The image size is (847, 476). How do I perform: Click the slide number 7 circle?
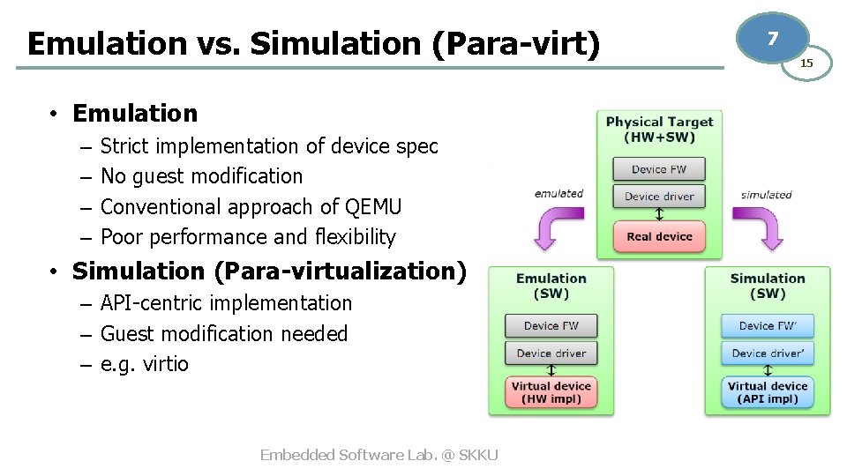click(x=773, y=39)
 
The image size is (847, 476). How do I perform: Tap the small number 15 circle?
click(x=806, y=63)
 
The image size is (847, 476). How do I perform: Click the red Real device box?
click(x=659, y=236)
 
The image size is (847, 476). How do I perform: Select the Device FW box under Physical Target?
click(x=659, y=169)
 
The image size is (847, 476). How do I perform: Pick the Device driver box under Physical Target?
click(x=659, y=197)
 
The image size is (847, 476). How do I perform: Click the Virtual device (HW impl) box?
click(x=551, y=392)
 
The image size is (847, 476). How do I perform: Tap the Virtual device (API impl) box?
click(x=768, y=392)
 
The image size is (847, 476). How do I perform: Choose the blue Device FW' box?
click(x=768, y=325)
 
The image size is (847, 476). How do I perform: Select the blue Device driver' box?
click(x=768, y=353)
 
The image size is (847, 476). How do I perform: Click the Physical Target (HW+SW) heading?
click(x=659, y=129)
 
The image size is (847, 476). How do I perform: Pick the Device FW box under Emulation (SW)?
click(x=551, y=325)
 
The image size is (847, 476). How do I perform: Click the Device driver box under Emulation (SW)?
click(x=551, y=353)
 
